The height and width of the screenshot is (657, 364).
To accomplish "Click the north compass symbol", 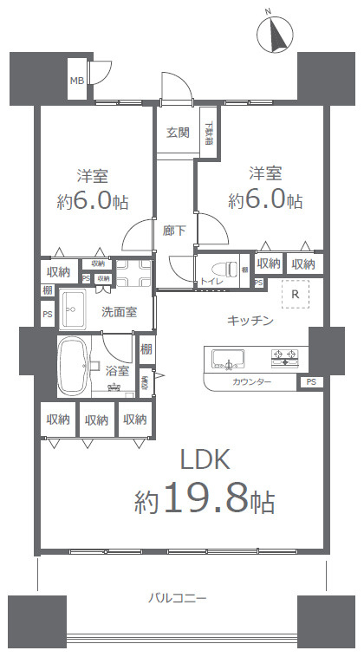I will [278, 36].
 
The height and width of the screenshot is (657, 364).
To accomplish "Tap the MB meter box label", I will [77, 81].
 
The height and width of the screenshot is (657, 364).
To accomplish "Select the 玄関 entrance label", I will [178, 133].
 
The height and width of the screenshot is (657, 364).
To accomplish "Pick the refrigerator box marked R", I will [296, 294].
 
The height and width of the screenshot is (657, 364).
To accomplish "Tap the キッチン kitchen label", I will [250, 322].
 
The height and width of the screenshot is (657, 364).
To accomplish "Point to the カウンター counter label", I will [252, 382].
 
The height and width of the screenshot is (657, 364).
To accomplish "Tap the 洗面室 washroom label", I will [119, 311].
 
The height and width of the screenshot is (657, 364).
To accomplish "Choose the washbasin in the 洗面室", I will [74, 309].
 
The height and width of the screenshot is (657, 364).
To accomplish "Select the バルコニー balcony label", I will [177, 598].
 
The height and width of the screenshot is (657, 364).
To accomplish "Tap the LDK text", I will [205, 458].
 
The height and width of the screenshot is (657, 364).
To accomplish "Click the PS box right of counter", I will [310, 382].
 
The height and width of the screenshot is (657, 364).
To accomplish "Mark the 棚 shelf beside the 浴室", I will [146, 349].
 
